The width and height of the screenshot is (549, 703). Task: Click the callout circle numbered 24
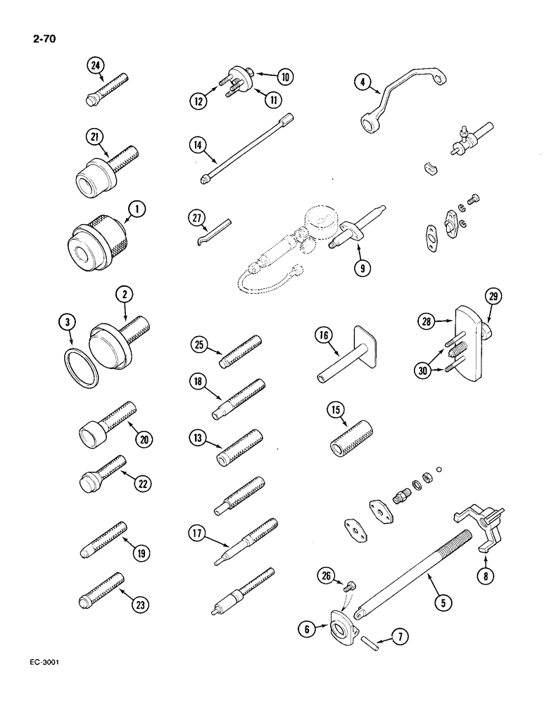click(95, 67)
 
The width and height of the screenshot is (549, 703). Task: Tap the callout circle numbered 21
click(95, 136)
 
